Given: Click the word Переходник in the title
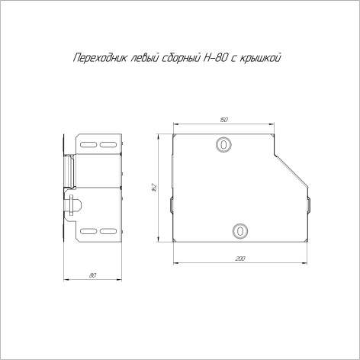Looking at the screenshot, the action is pos(100,58).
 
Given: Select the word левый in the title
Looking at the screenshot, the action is pos(144,58).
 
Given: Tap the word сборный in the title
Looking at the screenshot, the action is pos(181,58).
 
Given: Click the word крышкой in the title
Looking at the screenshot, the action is pos(261,58).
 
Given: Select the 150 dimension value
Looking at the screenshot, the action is pos(223,120).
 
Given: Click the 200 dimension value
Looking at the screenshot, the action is pos(240,259).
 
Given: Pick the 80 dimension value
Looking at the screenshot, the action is pos(92,275).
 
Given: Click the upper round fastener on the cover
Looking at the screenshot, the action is pos(223,145).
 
